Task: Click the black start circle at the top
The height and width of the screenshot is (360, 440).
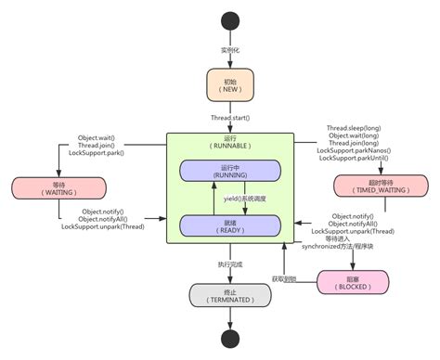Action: pyautogui.click(x=220, y=21)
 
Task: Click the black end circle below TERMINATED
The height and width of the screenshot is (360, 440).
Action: pyautogui.click(x=220, y=338)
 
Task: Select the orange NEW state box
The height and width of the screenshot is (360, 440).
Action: pyautogui.click(x=220, y=86)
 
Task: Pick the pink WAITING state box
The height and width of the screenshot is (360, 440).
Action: pyautogui.click(x=44, y=186)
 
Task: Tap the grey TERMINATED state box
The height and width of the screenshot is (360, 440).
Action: pyautogui.click(x=220, y=294)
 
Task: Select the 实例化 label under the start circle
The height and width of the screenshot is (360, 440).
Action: pyautogui.click(x=220, y=49)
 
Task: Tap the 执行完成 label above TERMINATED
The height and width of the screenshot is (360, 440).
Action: pyautogui.click(x=220, y=264)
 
